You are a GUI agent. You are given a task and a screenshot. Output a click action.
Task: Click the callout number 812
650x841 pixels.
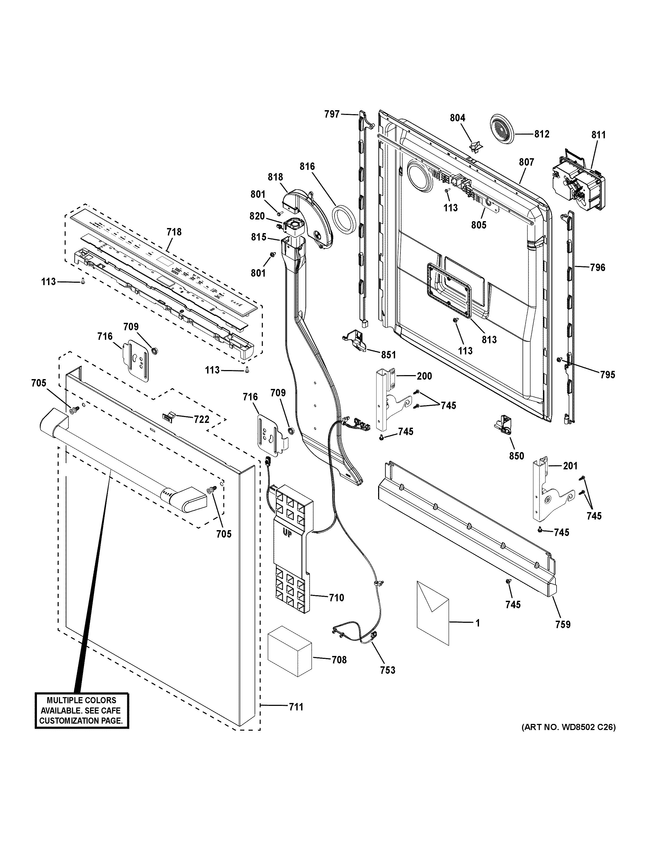click(x=541, y=134)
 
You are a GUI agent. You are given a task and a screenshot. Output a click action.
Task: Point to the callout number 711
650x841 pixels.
click(x=296, y=707)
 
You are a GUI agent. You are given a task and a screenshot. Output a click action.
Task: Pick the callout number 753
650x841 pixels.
click(x=387, y=670)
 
